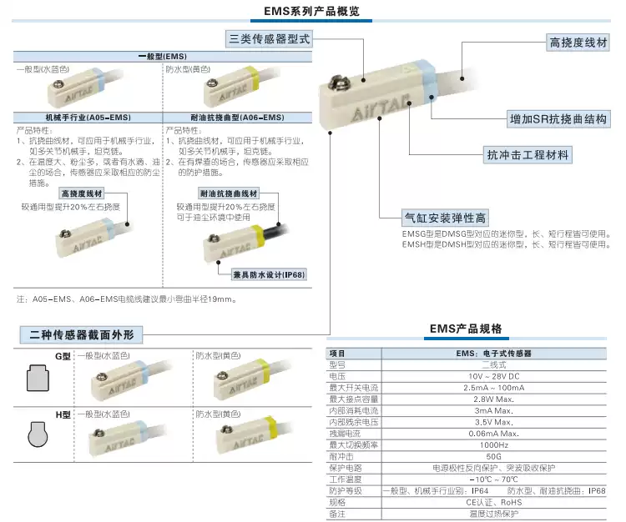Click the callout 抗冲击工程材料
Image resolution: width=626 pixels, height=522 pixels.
tap(528, 155)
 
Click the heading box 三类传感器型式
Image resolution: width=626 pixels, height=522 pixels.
tap(269, 38)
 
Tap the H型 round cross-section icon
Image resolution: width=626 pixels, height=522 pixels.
tap(37, 438)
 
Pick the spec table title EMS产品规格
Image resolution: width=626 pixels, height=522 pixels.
tap(466, 329)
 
